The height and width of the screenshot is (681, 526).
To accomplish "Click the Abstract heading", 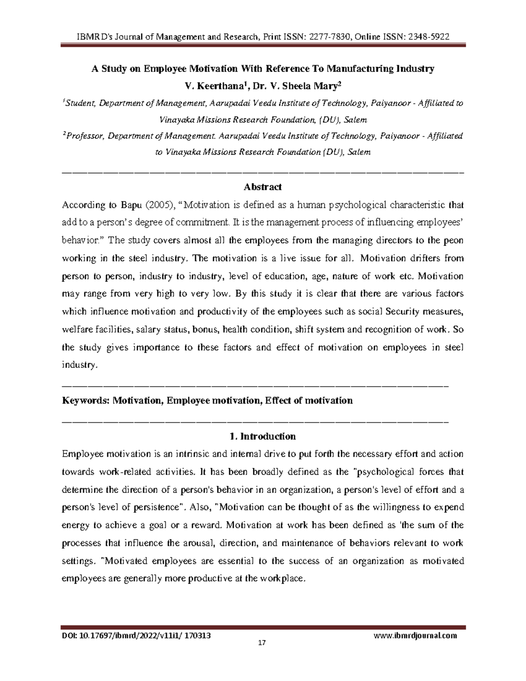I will coord(263,187).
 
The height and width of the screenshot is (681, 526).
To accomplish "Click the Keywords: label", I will coord(85,400).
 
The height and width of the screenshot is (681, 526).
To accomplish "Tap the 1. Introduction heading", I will coord(263,436).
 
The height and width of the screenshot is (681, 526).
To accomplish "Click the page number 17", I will coord(262,643).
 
